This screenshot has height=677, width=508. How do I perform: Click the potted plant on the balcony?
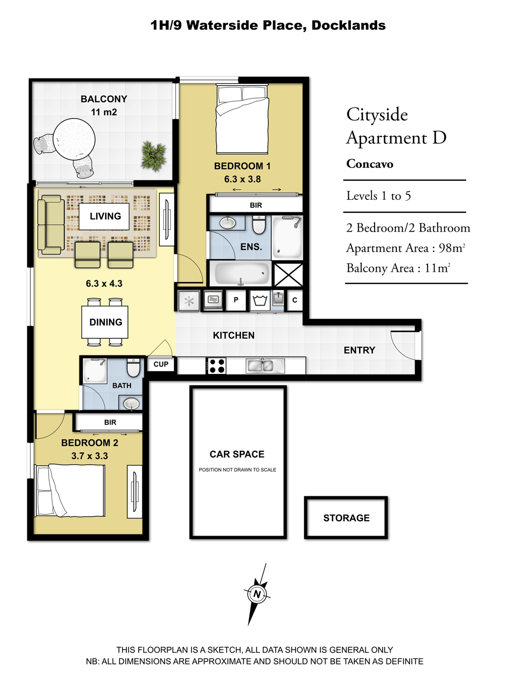pos(153,156)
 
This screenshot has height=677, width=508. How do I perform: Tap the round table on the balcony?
pos(74,140)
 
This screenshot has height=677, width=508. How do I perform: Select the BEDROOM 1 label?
pos(242,166)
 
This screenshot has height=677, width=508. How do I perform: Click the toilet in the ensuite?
pos(258,224)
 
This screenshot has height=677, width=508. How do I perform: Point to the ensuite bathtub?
pos(241,273)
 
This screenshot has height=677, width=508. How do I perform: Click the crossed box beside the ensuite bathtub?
pos(288,274)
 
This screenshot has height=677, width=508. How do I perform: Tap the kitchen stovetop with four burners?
pos(216,366)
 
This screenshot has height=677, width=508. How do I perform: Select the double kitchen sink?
pos(265,366)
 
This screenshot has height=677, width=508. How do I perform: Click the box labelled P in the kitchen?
pos(236,300)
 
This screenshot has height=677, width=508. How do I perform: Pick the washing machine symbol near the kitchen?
pos(260,300)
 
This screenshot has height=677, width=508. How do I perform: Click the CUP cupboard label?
pos(161,364)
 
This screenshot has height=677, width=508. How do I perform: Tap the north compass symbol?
pos(257,593)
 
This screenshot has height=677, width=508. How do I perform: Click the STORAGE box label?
pos(346,518)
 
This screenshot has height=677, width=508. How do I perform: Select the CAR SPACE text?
pos(237,454)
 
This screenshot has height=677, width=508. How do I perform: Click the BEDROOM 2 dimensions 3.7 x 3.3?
pos(90,456)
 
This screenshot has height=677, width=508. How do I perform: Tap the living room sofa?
pos(51,225)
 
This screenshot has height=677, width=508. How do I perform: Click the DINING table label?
pos(106,322)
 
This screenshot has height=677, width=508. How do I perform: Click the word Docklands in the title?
pos(349,25)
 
